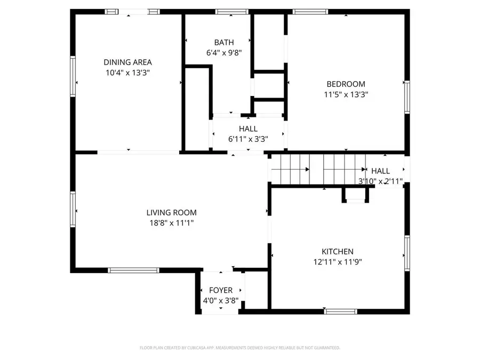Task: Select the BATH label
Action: (223, 42)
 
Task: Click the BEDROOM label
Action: (346, 84)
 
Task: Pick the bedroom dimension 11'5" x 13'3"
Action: (346, 94)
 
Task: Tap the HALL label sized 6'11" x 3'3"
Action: (248, 129)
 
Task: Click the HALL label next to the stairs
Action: (380, 171)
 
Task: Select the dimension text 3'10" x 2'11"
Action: (380, 181)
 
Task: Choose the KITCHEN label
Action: (337, 252)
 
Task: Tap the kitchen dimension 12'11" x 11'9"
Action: (337, 262)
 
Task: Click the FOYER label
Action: (220, 290)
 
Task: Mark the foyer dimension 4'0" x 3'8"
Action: (220, 300)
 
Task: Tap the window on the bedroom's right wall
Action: (407, 98)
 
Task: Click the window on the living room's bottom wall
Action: (133, 270)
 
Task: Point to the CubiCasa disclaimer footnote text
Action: (239, 348)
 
